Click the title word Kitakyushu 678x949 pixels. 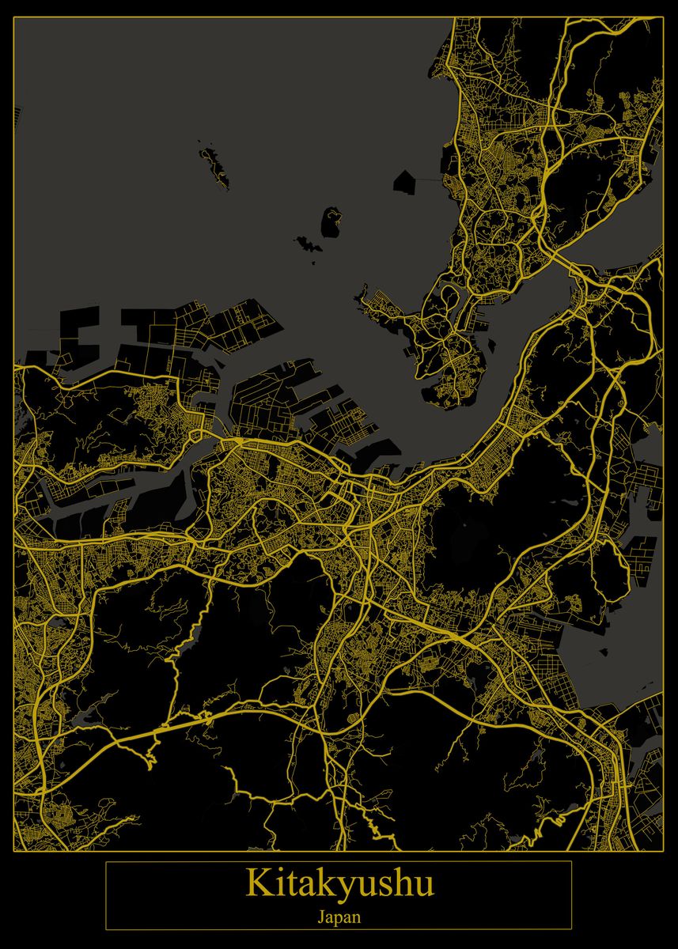(x=339, y=883)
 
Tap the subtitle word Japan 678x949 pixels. (x=339, y=918)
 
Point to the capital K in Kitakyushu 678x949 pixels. (x=256, y=883)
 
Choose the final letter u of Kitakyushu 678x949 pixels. (x=425, y=885)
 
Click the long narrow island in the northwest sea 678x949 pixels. (x=214, y=167)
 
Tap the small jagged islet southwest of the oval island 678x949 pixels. (x=305, y=243)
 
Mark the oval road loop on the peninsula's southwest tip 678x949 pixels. (x=449, y=297)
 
